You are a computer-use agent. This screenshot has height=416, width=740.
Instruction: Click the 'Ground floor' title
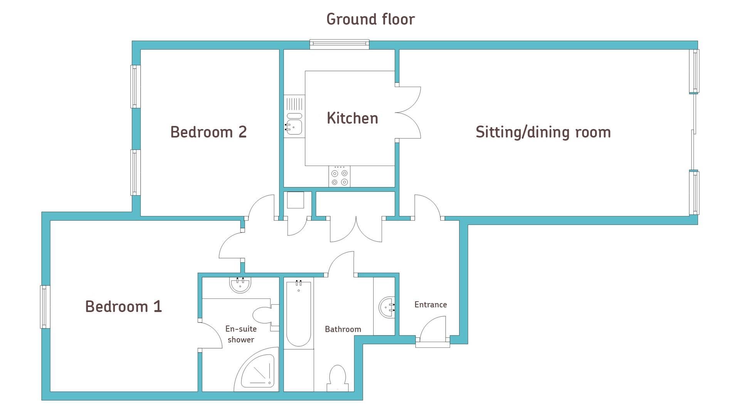370,19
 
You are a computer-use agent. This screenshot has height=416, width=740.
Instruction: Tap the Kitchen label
352,118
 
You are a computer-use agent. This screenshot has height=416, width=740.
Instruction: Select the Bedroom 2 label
209,132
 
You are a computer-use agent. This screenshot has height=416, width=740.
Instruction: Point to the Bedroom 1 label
123,306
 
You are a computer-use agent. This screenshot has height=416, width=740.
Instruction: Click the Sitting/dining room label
543,132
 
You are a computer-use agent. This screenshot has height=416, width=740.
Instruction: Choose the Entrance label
431,305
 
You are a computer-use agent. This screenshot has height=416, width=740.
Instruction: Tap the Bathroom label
343,329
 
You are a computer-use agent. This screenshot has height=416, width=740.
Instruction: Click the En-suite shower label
241,334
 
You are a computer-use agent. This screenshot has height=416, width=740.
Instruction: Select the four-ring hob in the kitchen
340,177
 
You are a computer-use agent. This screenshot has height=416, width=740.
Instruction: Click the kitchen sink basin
294,126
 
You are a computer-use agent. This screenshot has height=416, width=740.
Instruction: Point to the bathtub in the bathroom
299,314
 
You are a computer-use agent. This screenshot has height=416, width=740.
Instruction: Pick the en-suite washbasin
240,285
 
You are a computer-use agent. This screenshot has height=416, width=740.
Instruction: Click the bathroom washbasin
387,307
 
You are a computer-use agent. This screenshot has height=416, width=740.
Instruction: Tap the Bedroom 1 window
45,307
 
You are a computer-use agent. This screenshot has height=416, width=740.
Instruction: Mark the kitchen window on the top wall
340,44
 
